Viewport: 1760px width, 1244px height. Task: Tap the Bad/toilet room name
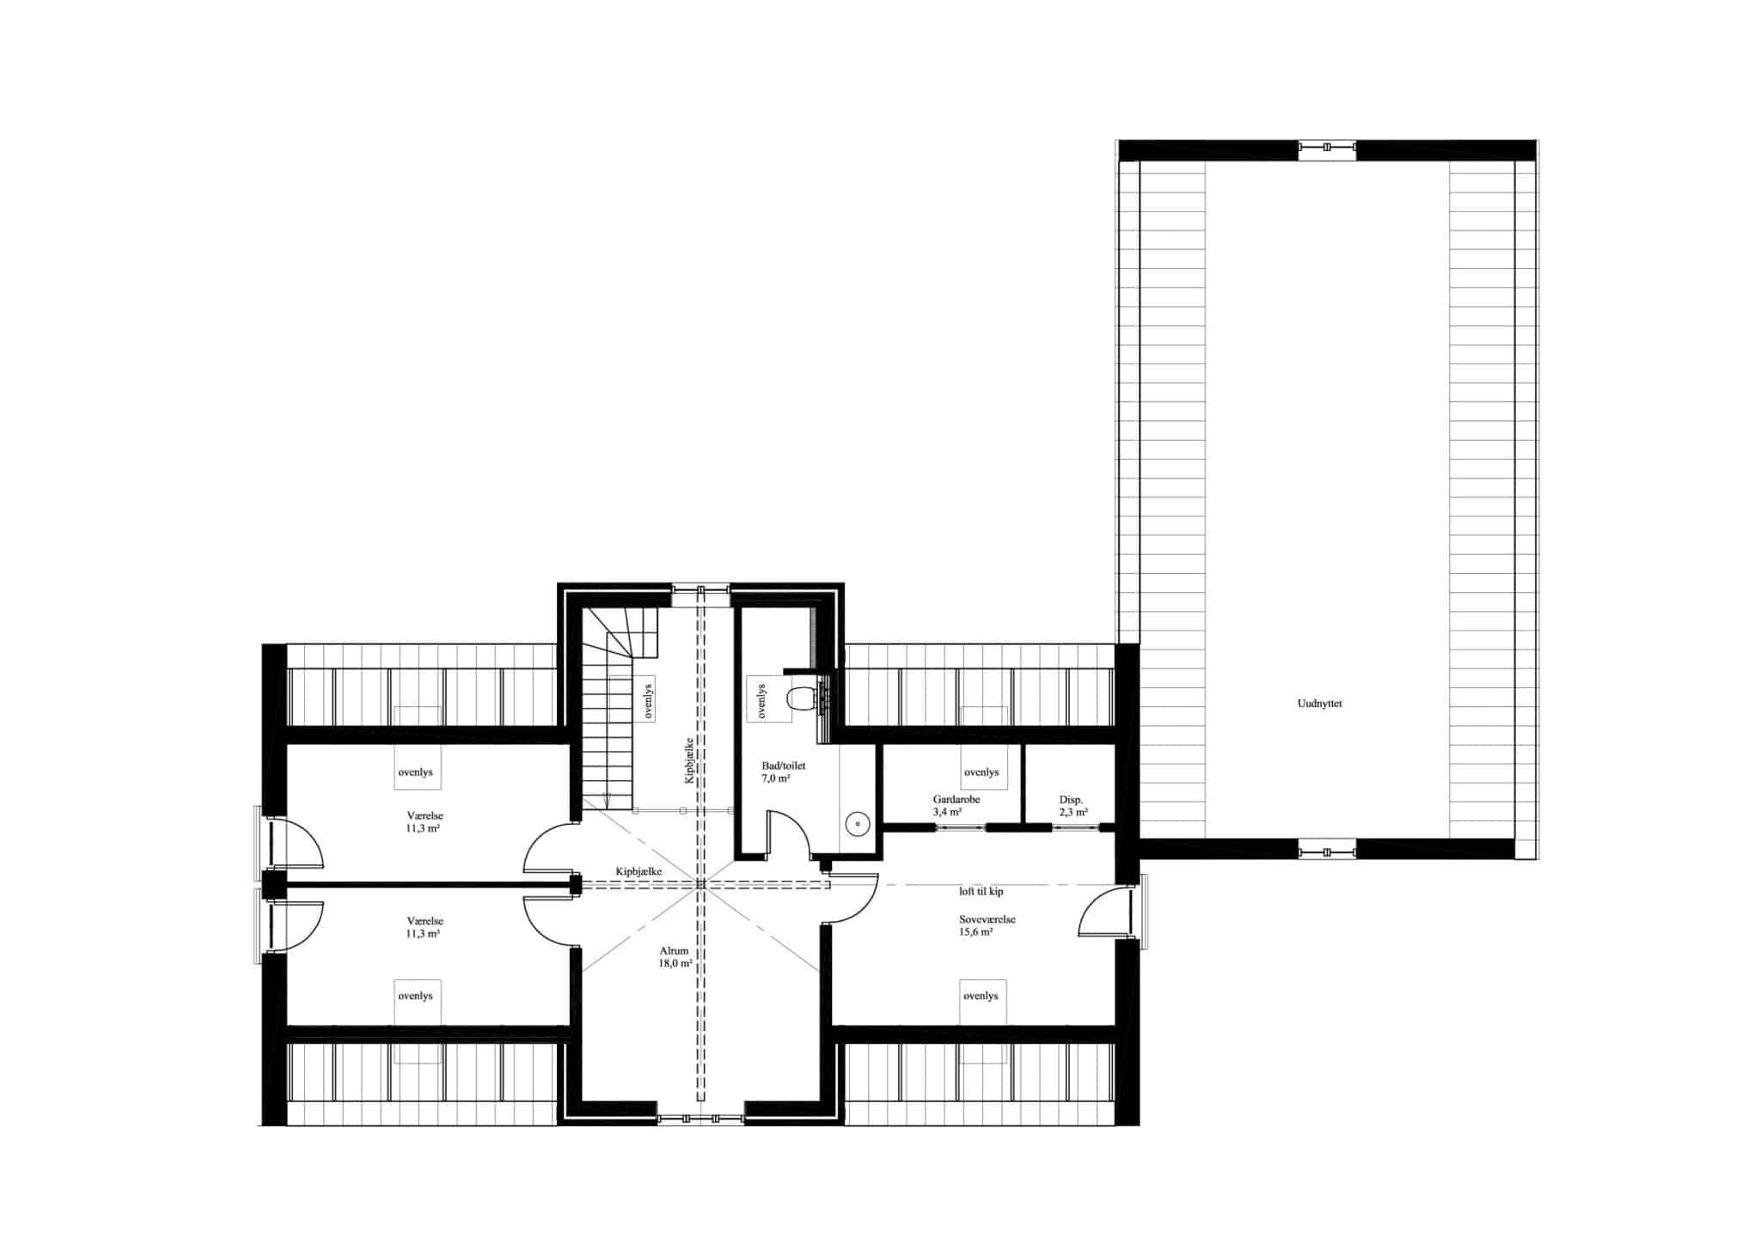[x=783, y=765]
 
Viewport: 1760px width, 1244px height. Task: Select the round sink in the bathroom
[x=858, y=824]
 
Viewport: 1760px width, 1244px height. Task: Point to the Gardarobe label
[x=956, y=799]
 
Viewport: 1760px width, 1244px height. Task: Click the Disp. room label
[x=1070, y=799]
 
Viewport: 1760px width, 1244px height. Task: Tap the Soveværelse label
[x=987, y=919]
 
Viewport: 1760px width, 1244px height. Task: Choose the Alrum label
[x=674, y=951]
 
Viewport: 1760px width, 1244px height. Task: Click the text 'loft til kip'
[x=981, y=892]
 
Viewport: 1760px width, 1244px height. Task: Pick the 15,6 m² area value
[x=976, y=931]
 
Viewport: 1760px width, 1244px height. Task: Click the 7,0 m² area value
[x=775, y=778]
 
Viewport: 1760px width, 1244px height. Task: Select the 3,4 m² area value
[x=947, y=811]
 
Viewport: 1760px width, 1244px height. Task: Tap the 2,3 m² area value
[x=1073, y=811]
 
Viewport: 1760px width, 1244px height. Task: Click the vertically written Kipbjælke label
[x=688, y=760]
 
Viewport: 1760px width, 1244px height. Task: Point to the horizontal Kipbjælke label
[x=639, y=871]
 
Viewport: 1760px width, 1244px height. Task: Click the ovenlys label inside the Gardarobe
[x=981, y=772]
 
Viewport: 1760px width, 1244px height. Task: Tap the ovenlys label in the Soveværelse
[x=981, y=996]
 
